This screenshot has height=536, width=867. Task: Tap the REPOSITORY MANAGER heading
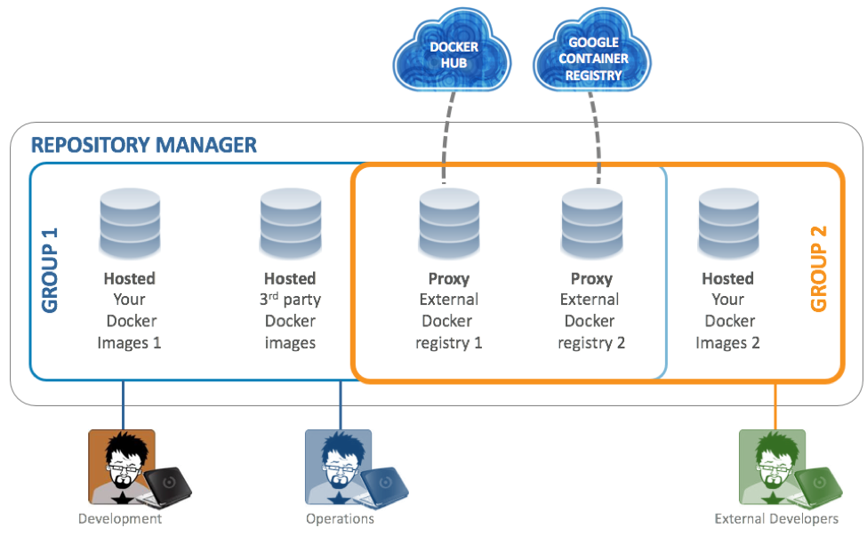pyautogui.click(x=144, y=144)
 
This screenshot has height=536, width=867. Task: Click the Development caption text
pyautogui.click(x=120, y=519)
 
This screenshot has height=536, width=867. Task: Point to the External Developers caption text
pyautogui.click(x=776, y=519)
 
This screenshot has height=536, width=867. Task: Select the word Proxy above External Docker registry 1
pyautogui.click(x=449, y=278)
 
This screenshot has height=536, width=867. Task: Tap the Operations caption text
pyautogui.click(x=340, y=519)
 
